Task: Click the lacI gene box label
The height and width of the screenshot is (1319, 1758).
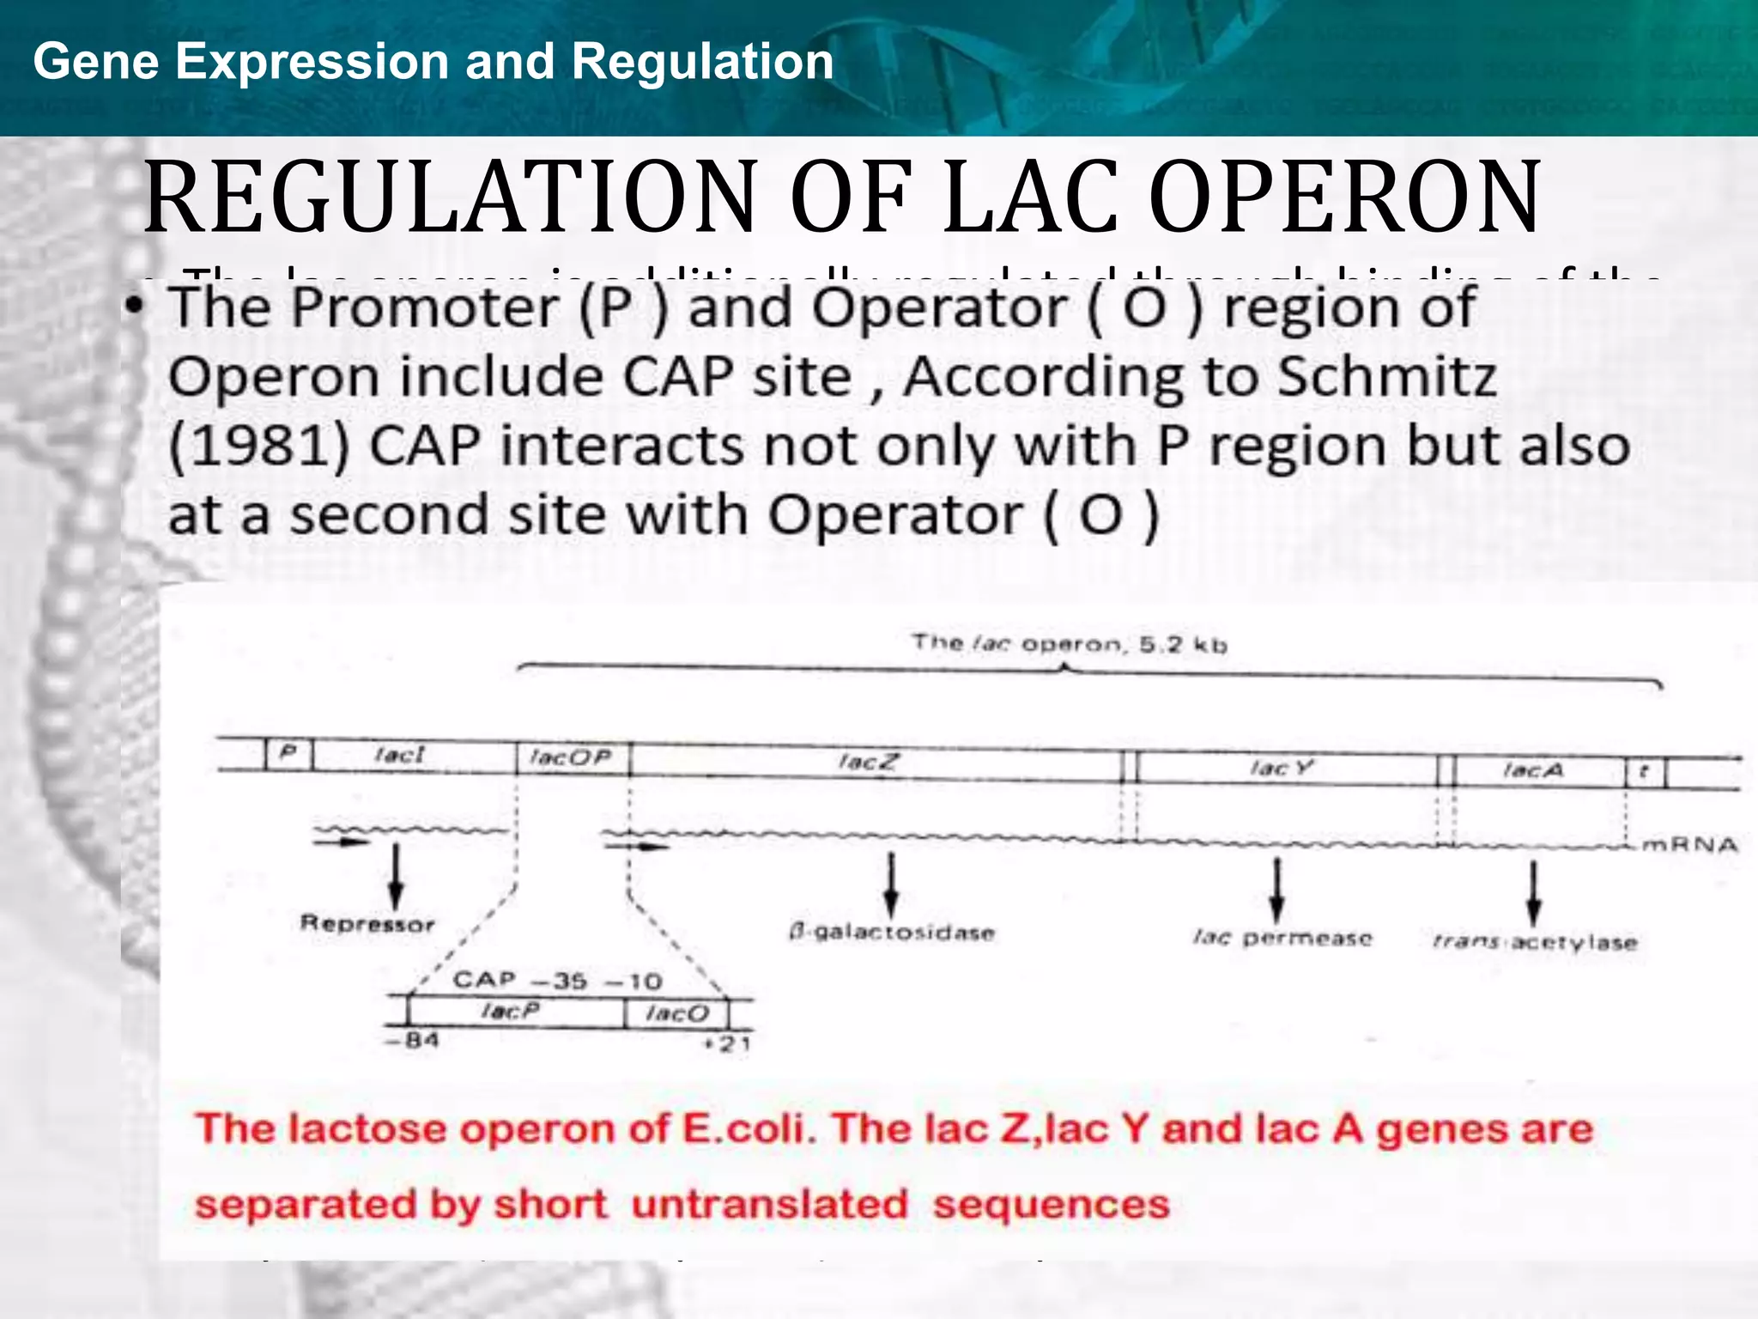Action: pos(400,756)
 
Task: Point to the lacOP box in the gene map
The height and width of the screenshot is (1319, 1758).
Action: pos(572,758)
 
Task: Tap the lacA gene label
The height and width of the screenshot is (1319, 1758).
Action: pos(1533,770)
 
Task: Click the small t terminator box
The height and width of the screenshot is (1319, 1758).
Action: pos(1644,771)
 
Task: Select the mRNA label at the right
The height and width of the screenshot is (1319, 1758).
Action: pos(1689,846)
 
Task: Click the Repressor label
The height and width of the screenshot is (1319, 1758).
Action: pos(367,924)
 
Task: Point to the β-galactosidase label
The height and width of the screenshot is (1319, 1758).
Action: pos(891,933)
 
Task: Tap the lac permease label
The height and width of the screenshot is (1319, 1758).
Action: pos(1282,938)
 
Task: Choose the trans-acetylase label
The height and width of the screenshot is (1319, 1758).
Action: pos(1534,943)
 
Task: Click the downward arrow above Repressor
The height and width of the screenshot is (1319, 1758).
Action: pos(396,876)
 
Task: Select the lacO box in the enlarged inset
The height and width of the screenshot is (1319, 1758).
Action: pos(676,1014)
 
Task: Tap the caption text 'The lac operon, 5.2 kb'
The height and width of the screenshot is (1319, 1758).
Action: pos(1069,644)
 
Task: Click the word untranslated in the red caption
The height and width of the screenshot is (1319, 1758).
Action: pos(769,1204)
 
